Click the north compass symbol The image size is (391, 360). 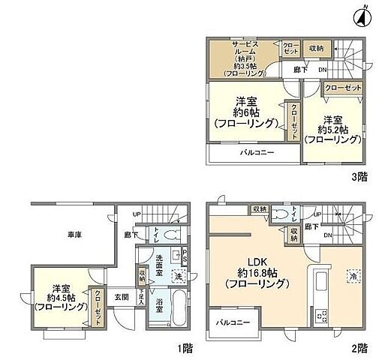(x=362, y=16)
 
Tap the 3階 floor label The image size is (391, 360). (x=358, y=178)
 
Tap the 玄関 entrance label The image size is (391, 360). (x=122, y=296)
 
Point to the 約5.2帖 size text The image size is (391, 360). (x=332, y=130)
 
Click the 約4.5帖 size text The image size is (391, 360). (x=57, y=297)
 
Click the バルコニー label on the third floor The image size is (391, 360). (x=257, y=152)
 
